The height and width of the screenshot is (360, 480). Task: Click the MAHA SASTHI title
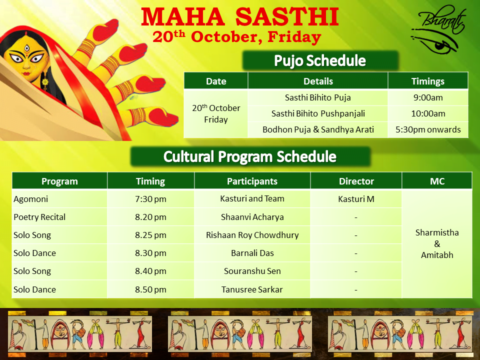[240, 17]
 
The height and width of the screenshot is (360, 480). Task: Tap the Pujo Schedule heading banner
[320, 60]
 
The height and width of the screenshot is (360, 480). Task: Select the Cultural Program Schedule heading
[250, 156]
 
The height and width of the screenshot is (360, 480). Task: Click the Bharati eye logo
[438, 29]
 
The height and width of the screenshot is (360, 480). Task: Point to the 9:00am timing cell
[428, 97]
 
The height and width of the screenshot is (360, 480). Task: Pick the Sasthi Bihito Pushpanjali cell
[318, 113]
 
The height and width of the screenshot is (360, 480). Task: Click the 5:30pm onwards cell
[428, 129]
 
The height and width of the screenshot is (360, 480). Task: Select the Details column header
[318, 81]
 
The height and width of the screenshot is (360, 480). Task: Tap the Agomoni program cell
[59, 199]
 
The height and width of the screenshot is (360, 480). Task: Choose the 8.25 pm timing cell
[150, 235]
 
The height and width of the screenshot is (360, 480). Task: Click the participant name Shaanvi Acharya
[252, 217]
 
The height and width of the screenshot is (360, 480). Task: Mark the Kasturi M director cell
[356, 199]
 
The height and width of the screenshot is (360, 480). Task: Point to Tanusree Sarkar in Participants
[252, 289]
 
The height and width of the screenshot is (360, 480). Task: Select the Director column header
[356, 181]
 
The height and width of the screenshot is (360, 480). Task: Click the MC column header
[437, 181]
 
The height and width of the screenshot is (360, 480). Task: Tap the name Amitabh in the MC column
[437, 255]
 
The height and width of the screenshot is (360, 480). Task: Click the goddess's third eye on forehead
[27, 48]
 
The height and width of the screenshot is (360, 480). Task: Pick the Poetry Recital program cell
[59, 217]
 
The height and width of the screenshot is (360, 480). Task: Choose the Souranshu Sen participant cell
[252, 271]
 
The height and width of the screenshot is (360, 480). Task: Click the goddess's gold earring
[45, 81]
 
